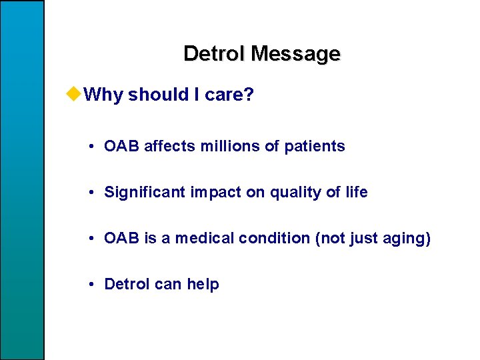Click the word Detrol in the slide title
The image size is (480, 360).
click(x=211, y=53)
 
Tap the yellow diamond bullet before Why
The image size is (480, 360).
click(x=75, y=95)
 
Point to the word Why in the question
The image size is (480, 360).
click(x=105, y=95)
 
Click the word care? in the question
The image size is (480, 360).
click(x=229, y=95)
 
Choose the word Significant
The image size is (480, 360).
click(x=145, y=193)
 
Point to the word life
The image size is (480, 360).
click(x=356, y=193)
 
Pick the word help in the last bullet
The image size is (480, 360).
click(x=203, y=285)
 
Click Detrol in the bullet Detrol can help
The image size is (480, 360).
click(x=127, y=285)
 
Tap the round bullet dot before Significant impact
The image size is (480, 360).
click(x=90, y=193)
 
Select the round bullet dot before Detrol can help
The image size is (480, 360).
click(x=90, y=285)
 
